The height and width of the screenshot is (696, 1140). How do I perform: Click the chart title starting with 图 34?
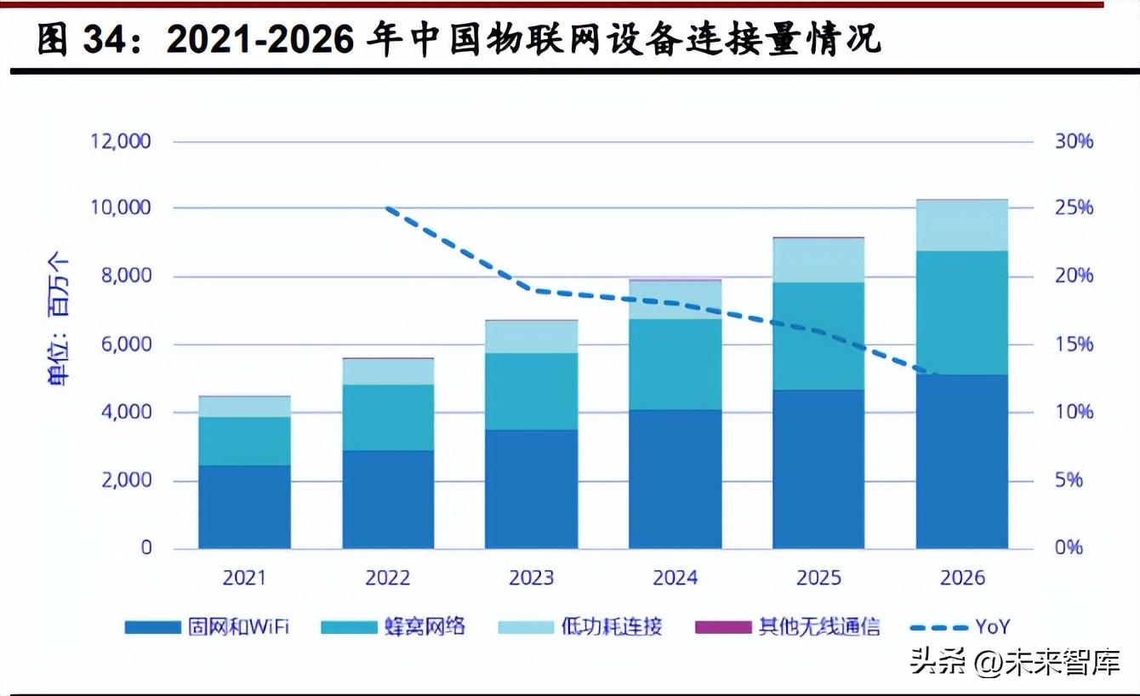tap(459, 40)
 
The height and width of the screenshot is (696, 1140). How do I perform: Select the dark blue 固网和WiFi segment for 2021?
tap(244, 506)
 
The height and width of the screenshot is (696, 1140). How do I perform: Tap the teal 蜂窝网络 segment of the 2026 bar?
tap(962, 312)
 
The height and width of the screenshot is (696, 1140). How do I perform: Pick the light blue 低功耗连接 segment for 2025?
tap(818, 260)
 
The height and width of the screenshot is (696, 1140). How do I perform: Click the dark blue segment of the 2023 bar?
tap(531, 488)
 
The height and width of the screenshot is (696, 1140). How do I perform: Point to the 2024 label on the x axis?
tap(675, 579)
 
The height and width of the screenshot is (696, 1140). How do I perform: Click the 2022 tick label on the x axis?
tap(388, 579)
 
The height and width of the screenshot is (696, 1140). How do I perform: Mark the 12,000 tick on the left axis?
tap(121, 140)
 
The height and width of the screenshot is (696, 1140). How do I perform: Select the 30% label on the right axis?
tap(1074, 140)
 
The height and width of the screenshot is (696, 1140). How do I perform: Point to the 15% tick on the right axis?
tap(1074, 345)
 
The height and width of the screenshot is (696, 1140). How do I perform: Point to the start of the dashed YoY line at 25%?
tap(388, 208)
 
